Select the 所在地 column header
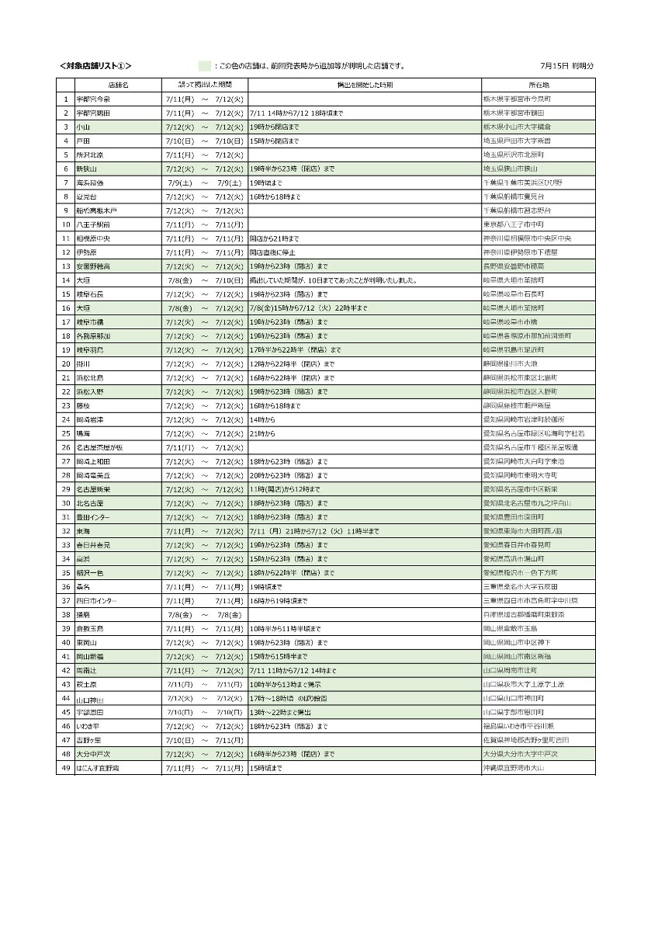click(x=539, y=85)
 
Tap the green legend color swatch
click(x=204, y=66)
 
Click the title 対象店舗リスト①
click(x=95, y=66)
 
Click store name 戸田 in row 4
click(x=83, y=141)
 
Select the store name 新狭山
click(x=86, y=168)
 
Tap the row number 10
click(x=66, y=224)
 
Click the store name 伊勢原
click(x=86, y=252)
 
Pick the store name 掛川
click(x=83, y=363)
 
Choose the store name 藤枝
click(x=83, y=405)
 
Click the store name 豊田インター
click(x=93, y=517)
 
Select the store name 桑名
click(x=83, y=586)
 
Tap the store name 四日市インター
click(x=97, y=600)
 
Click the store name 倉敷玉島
click(x=90, y=628)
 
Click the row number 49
click(x=66, y=768)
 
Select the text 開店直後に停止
click(x=274, y=252)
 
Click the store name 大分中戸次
click(x=93, y=754)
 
